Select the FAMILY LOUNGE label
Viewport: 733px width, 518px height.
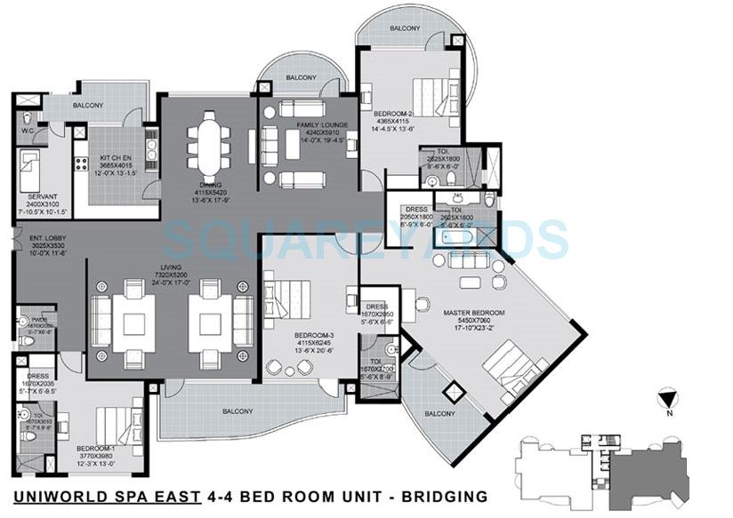click(322, 125)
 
